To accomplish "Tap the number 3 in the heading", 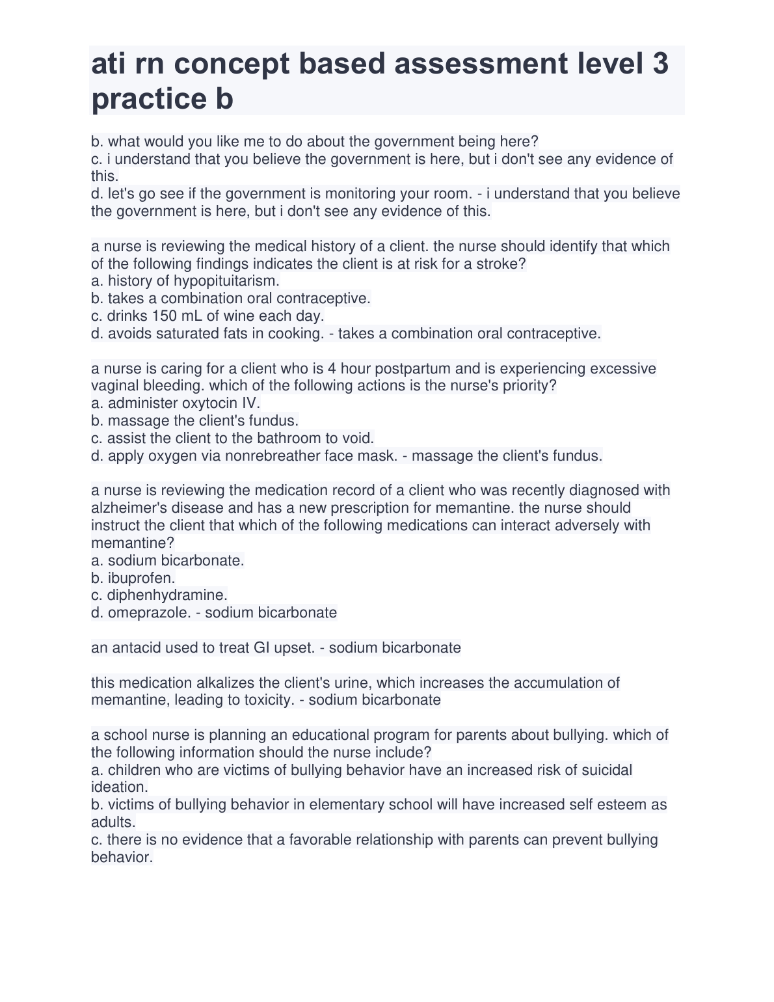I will point(660,64).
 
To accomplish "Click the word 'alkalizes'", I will point(224,683).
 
